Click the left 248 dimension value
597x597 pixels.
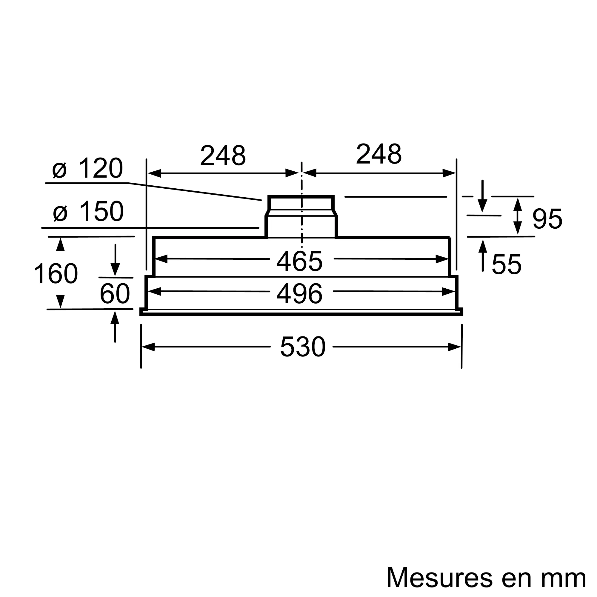pyautogui.click(x=223, y=155)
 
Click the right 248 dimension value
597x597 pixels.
pyautogui.click(x=378, y=154)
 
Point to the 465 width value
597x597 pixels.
pyautogui.click(x=299, y=261)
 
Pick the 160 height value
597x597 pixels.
pyautogui.click(x=56, y=274)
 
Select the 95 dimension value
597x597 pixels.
pyautogui.click(x=547, y=219)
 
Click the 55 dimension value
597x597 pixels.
pyautogui.click(x=507, y=264)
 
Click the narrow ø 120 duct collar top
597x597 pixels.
pyautogui.click(x=301, y=197)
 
